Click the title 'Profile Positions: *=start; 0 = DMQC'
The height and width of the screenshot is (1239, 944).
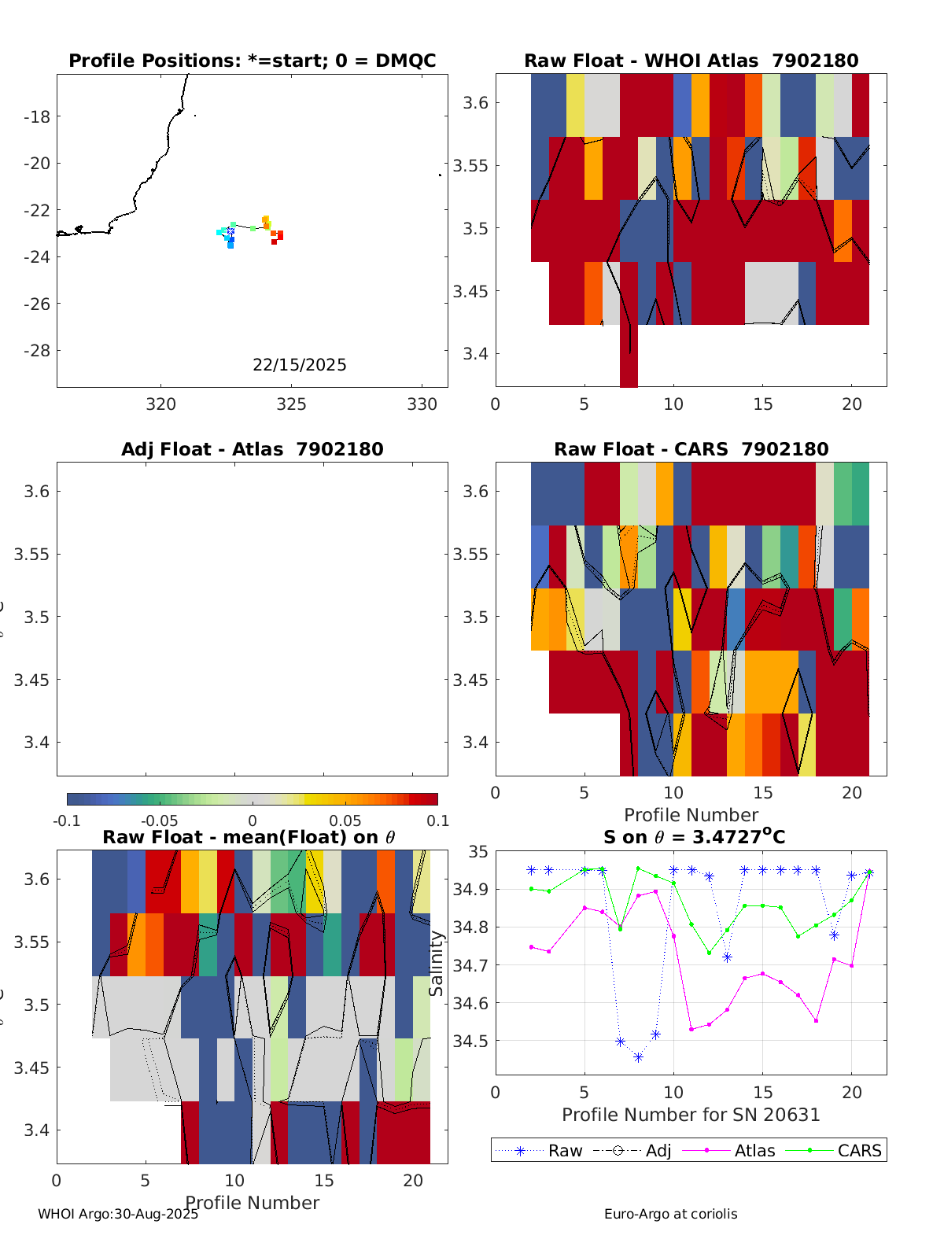click(252, 61)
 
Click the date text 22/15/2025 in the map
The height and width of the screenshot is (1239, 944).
click(299, 365)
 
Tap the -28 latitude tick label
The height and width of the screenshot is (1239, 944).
click(37, 351)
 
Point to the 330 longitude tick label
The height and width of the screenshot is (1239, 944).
click(422, 404)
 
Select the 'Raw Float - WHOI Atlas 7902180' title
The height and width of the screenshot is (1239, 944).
click(691, 61)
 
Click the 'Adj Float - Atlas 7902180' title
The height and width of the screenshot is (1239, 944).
click(252, 449)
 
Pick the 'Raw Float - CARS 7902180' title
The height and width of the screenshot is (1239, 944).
click(691, 449)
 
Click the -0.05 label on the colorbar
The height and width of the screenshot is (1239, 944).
click(160, 821)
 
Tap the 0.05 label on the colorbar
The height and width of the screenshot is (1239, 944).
click(345, 821)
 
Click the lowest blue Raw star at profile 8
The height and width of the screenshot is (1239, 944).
click(638, 1058)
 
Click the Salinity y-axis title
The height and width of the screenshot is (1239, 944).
click(437, 964)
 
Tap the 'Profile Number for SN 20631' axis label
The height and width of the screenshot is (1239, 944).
click(691, 1115)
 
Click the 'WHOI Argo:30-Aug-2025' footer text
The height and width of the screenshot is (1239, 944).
click(118, 1214)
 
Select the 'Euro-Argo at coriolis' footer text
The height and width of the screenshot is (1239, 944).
click(670, 1214)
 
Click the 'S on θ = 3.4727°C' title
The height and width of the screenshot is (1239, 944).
click(694, 837)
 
